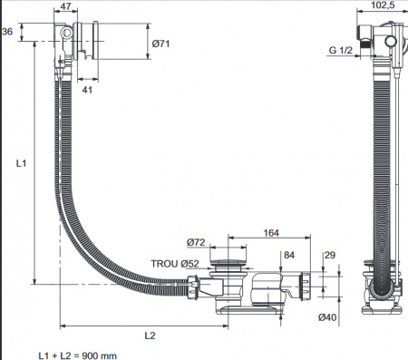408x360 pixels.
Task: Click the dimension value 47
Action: (x=66, y=6)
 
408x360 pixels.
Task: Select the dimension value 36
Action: (x=7, y=32)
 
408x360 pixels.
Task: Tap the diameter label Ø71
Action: (x=160, y=44)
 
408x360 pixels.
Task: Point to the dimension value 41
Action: (x=87, y=90)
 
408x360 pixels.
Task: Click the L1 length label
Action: (x=21, y=163)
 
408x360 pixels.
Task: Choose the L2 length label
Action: (x=150, y=336)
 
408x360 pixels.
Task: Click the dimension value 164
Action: (x=271, y=233)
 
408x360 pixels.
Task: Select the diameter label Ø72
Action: (x=196, y=242)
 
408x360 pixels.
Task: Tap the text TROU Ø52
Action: (x=175, y=264)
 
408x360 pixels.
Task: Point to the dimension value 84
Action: (x=289, y=255)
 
